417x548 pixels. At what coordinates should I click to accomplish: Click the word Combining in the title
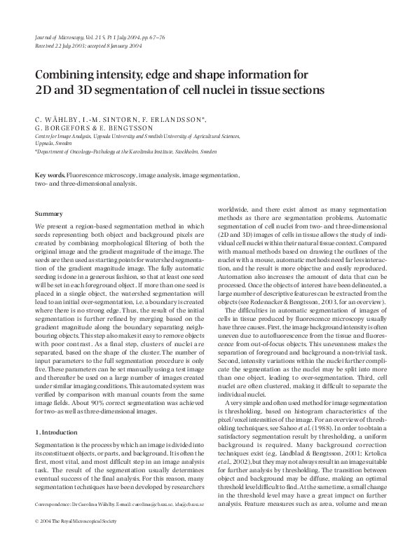click(x=67, y=76)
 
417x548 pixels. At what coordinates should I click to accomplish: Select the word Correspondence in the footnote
click(x=55, y=523)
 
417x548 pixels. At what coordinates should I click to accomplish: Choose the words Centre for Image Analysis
click(x=64, y=136)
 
